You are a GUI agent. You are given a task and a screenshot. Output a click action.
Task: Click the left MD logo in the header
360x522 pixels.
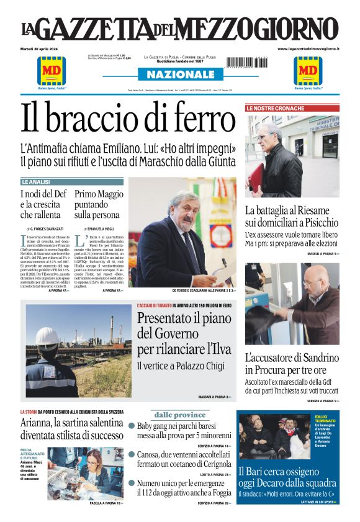point(52,70)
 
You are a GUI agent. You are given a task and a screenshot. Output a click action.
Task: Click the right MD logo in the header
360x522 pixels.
point(308,70)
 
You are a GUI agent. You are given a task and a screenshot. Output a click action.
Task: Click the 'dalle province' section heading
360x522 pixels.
point(180,415)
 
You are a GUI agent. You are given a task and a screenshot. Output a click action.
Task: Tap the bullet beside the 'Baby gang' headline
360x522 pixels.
point(132,426)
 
